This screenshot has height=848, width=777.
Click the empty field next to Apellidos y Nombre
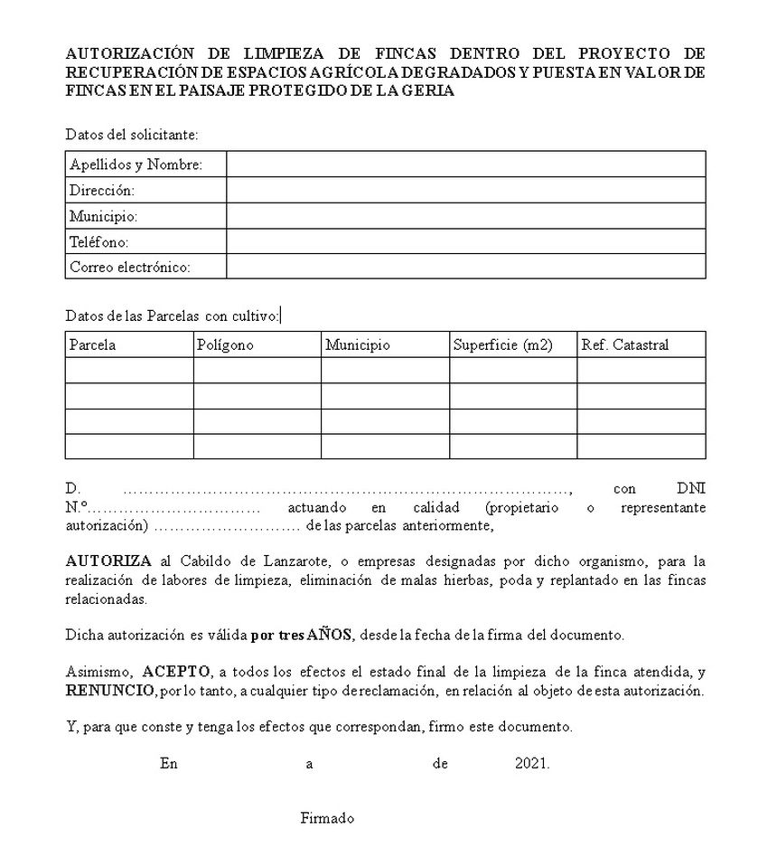click(465, 165)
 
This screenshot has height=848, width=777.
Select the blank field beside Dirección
click(465, 190)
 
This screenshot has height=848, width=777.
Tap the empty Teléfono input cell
click(465, 241)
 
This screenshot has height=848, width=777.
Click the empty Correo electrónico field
click(465, 267)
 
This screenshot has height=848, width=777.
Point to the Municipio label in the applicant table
click(103, 216)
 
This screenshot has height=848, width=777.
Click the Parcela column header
click(93, 345)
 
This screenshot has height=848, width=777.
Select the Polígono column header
click(225, 345)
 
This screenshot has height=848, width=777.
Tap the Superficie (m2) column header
click(502, 345)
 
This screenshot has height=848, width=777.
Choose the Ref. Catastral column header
click(625, 345)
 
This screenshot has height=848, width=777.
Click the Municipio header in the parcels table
click(358, 345)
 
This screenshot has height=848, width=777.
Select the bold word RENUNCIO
click(110, 691)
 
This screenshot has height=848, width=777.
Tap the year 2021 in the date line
click(532, 763)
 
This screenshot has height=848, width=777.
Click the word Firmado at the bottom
click(327, 818)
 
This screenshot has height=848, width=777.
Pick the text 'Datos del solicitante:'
click(132, 135)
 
